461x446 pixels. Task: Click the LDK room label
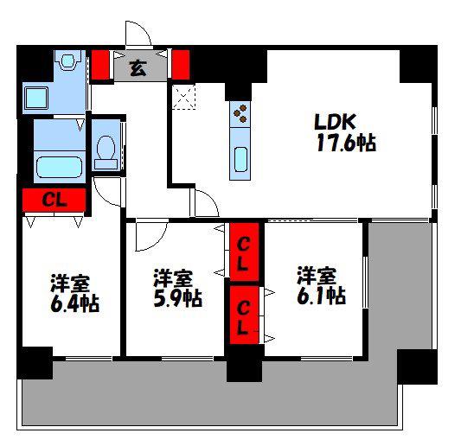[335, 122]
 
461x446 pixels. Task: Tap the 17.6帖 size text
[346, 143]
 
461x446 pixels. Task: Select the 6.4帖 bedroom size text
[74, 303]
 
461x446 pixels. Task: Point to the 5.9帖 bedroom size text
[177, 298]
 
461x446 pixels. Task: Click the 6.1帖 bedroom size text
[321, 296]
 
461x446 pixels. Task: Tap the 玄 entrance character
[138, 68]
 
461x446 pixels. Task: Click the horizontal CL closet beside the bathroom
[54, 200]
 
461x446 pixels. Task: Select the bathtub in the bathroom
[59, 167]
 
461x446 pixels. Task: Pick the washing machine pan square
[35, 99]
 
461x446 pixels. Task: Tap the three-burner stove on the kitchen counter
[240, 113]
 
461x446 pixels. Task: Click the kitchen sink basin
[240, 159]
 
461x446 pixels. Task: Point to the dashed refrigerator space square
[183, 96]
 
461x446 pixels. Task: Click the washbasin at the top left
[68, 60]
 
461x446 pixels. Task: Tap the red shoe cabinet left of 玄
[100, 65]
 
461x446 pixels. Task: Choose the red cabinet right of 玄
[181, 65]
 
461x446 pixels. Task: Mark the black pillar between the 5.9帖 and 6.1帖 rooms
[245, 363]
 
